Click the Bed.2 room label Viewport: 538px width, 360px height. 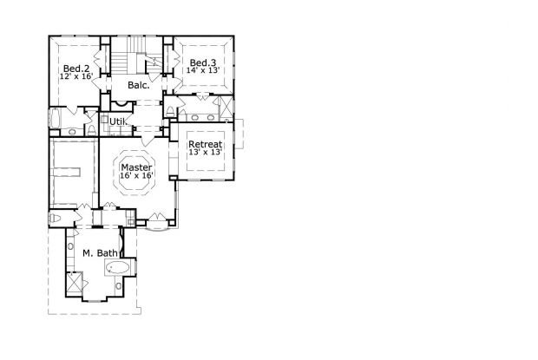(x=76, y=69)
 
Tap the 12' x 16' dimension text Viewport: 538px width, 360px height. (x=76, y=76)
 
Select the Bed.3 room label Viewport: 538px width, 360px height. (x=203, y=62)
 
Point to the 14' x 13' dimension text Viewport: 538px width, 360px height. (x=203, y=70)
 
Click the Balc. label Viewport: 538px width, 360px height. (x=139, y=85)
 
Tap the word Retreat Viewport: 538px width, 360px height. (x=205, y=144)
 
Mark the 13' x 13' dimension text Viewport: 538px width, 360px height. (x=205, y=152)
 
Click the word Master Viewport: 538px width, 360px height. (x=136, y=167)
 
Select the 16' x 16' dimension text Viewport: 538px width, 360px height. (x=136, y=175)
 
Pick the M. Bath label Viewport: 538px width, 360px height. (x=100, y=253)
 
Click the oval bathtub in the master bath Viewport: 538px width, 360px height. (x=117, y=267)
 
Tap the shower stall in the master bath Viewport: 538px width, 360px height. (x=75, y=282)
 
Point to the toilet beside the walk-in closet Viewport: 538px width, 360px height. (x=56, y=218)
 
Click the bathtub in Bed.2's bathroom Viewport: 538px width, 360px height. (x=55, y=118)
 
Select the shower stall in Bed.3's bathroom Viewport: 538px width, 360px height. (x=226, y=108)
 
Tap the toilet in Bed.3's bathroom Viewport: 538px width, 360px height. (x=170, y=111)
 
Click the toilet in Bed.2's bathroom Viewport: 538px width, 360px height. (x=92, y=129)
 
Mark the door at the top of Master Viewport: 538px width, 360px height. (x=148, y=141)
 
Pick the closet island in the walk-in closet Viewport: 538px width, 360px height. (x=67, y=172)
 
